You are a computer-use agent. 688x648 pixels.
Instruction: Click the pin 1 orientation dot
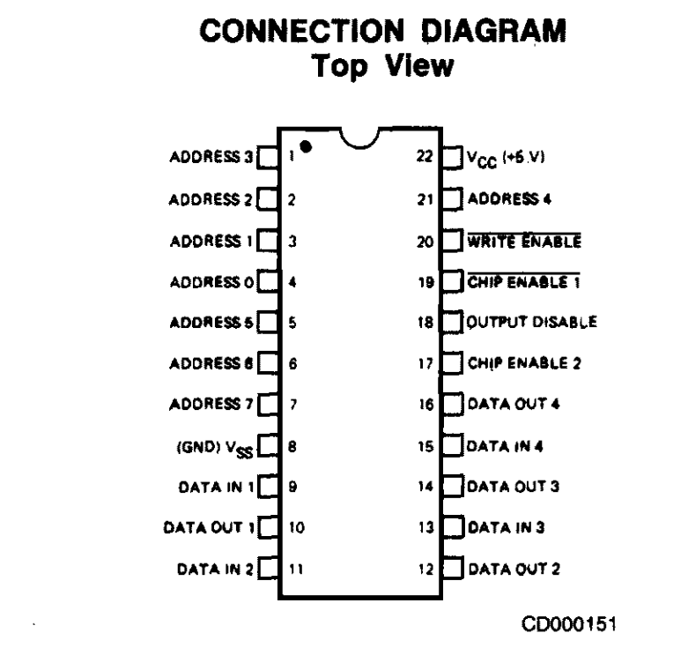click(306, 148)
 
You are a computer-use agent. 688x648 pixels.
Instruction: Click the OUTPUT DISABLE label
click(532, 322)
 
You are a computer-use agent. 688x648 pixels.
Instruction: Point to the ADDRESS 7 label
click(211, 405)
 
